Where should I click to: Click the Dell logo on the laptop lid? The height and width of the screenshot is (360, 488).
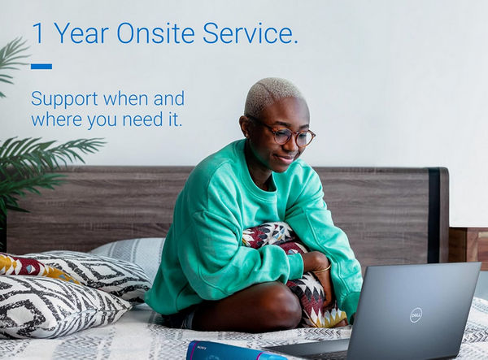tap(416, 314)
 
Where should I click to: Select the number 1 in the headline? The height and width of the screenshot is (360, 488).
tap(37, 34)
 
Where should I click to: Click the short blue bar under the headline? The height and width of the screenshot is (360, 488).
tap(41, 67)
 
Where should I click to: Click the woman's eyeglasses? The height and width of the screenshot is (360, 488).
tap(285, 135)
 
